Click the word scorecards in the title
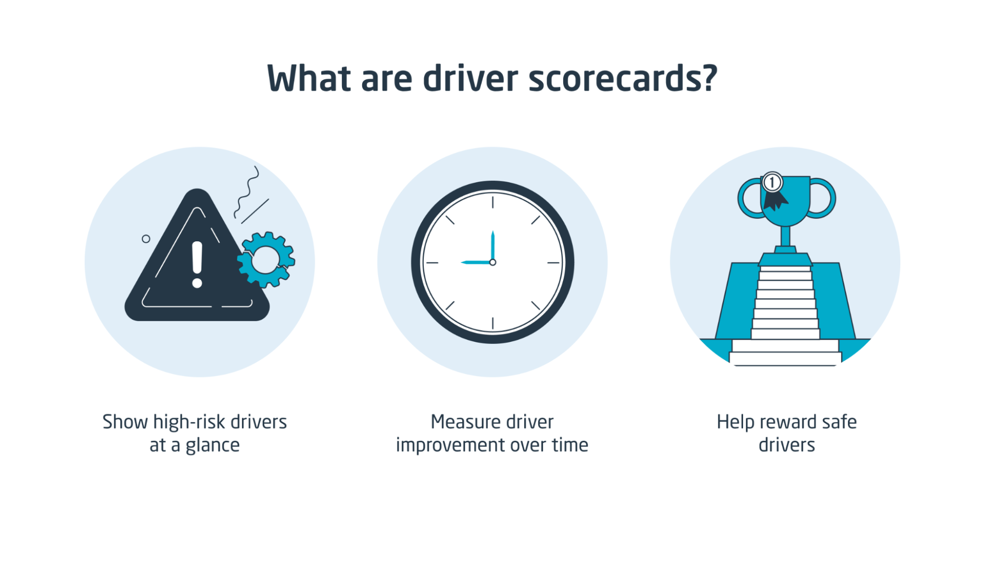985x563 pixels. coord(622,79)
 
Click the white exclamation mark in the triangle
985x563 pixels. coord(197,264)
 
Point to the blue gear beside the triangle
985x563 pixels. coord(266,259)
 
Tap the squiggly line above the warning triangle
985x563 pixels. coord(247,192)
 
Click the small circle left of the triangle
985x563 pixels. coord(146,239)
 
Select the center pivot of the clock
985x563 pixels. coord(493,263)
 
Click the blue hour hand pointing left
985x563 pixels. coord(476,263)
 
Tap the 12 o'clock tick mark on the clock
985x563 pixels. coord(493,201)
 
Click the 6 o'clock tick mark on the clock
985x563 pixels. coord(493,323)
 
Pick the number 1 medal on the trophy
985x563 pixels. coord(772,183)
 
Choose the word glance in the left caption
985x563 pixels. coord(212,445)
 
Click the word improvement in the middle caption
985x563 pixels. coord(450,445)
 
